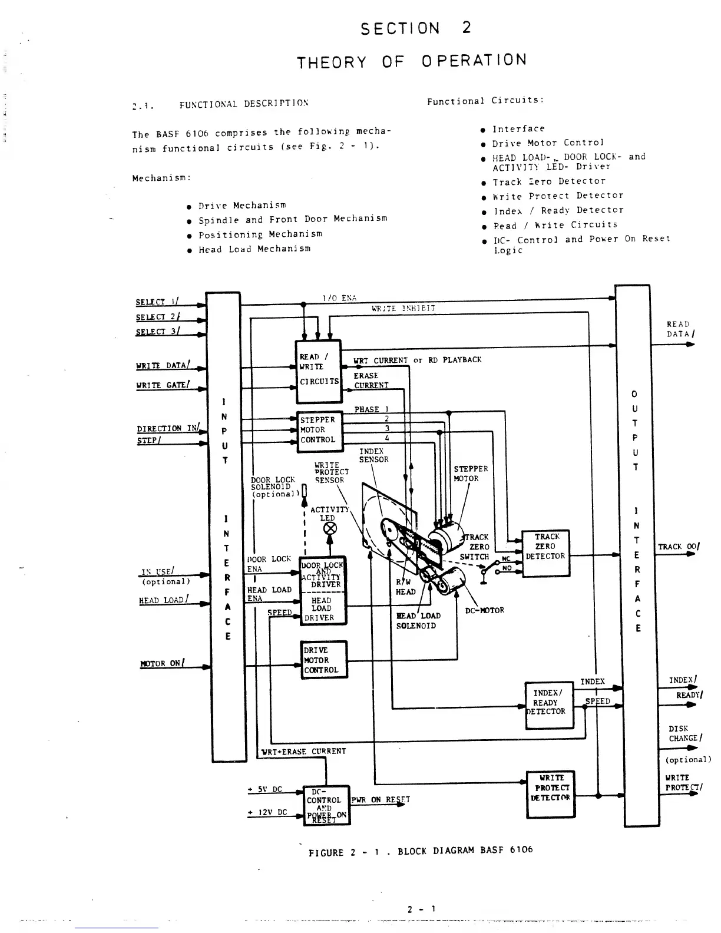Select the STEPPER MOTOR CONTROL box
[x=319, y=431]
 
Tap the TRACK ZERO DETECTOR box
[x=545, y=552]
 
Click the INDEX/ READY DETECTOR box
[x=548, y=704]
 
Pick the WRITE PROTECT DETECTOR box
[x=550, y=793]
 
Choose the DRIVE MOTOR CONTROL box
[x=323, y=660]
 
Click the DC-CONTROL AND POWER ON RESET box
[x=326, y=805]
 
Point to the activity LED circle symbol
[x=330, y=528]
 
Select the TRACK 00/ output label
[x=679, y=547]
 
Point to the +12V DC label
[x=268, y=812]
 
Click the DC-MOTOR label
[x=484, y=610]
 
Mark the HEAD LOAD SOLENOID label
[x=418, y=620]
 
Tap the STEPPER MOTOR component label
[x=470, y=474]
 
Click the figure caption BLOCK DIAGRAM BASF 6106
[x=421, y=851]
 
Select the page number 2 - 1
[x=421, y=909]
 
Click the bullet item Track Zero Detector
[x=548, y=181]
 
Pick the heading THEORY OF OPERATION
[x=411, y=61]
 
